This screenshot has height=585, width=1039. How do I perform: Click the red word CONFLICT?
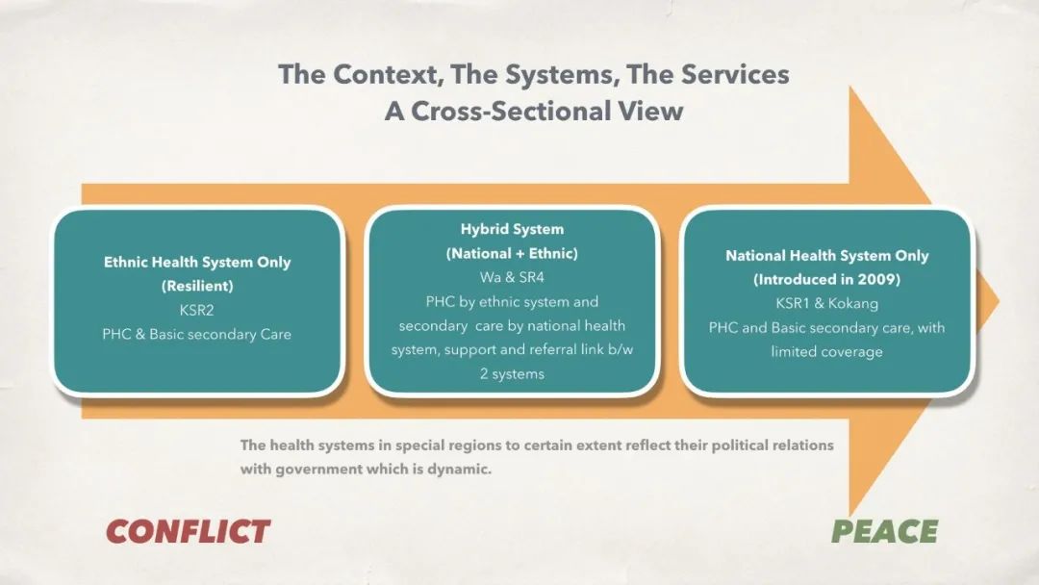(x=189, y=531)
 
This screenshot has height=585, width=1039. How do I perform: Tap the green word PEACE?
(x=885, y=531)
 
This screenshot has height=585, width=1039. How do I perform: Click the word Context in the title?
(x=388, y=74)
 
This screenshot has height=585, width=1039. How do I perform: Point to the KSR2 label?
(x=197, y=310)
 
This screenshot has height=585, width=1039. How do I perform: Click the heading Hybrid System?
(x=512, y=229)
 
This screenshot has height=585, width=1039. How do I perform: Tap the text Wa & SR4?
(x=512, y=278)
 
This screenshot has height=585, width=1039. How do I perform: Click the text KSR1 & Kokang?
(x=827, y=303)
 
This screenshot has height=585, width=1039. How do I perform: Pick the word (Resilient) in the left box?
(x=197, y=286)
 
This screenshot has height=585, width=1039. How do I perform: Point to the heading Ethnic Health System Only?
(x=197, y=263)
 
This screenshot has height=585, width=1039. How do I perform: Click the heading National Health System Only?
(x=827, y=256)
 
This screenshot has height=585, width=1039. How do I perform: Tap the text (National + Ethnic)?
(x=512, y=254)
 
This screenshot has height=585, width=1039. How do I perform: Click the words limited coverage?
(x=827, y=352)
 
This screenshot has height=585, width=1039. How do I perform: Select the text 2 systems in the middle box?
(x=512, y=374)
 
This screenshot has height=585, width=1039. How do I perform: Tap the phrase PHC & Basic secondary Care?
(x=197, y=335)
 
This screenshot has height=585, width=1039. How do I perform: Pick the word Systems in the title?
(x=562, y=74)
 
